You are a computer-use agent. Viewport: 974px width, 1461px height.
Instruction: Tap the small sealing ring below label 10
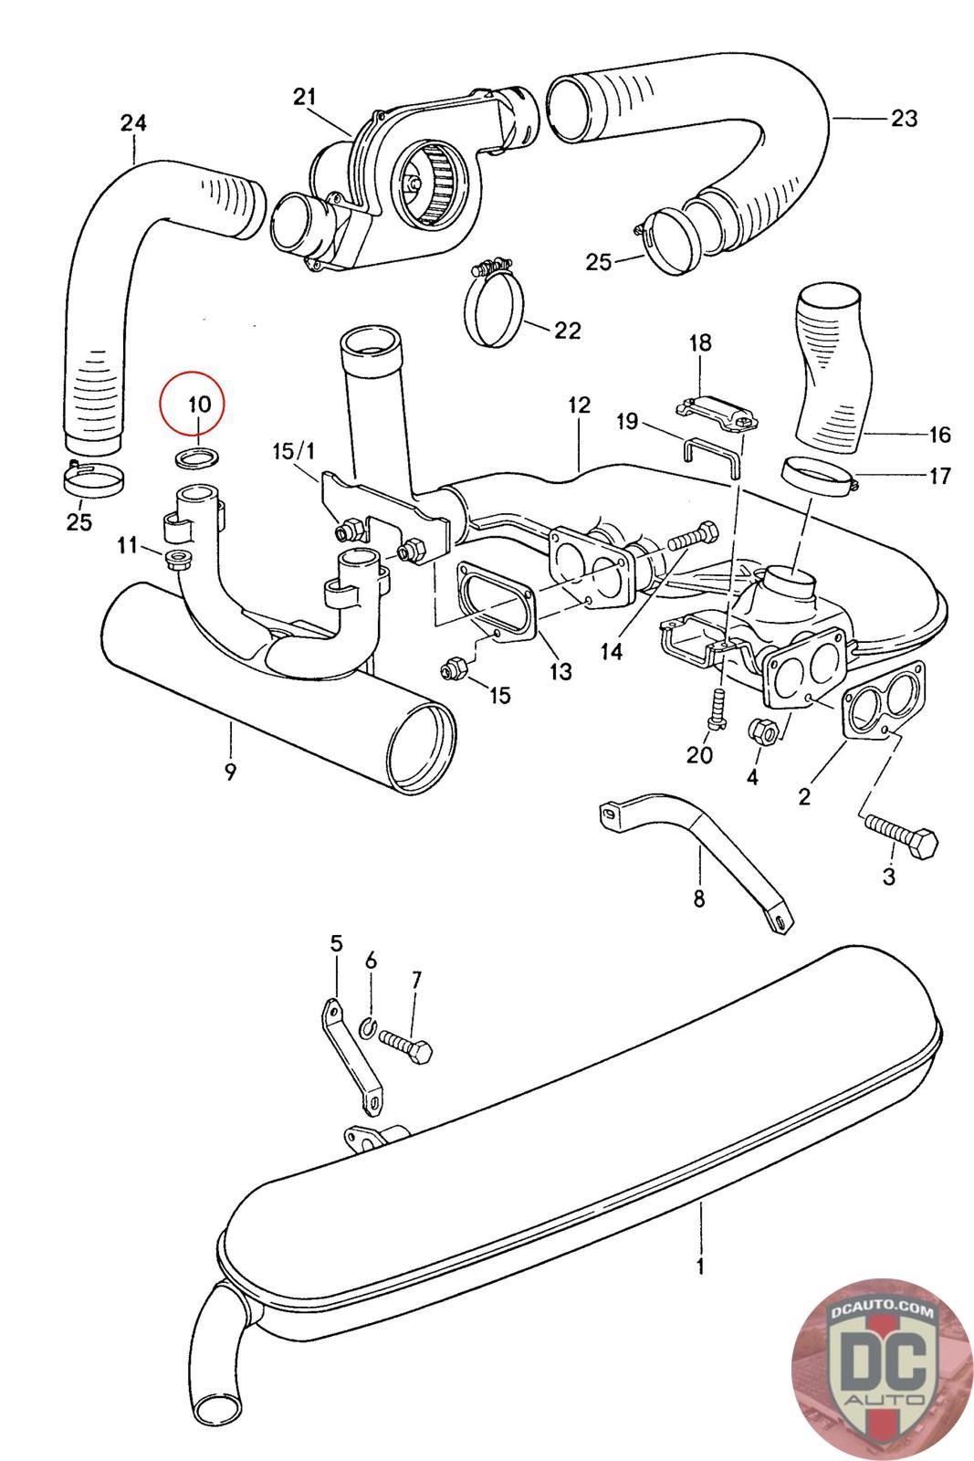(197, 457)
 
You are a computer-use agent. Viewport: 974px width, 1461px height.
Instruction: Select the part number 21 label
(304, 97)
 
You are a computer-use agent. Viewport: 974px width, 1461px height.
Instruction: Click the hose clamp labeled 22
(496, 307)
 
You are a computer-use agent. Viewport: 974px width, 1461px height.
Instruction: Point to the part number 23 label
(904, 118)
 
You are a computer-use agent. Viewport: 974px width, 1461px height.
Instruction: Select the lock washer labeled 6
(368, 1028)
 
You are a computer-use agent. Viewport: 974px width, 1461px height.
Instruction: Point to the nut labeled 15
(451, 667)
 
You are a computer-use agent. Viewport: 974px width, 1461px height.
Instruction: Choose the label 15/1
(293, 451)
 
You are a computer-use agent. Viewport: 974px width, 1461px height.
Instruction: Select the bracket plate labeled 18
(716, 414)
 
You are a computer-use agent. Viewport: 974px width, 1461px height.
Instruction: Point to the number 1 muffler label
(700, 1266)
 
